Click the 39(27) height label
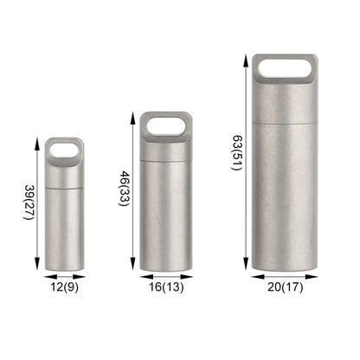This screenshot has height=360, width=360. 29,202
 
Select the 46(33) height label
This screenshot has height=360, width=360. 124,189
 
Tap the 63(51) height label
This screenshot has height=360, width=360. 237,153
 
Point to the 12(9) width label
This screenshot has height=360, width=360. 64,287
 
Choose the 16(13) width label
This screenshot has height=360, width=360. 166,287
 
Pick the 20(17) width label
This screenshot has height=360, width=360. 286,287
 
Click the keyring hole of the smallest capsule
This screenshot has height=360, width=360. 64,150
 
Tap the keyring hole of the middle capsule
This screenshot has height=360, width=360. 166,125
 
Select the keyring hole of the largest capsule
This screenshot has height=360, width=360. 285,68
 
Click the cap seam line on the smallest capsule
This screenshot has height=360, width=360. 64,188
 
